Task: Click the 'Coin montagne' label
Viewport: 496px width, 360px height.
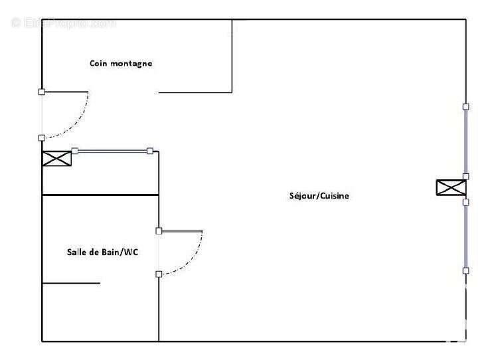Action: pyautogui.click(x=121, y=64)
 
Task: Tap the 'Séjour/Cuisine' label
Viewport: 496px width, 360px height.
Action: pyautogui.click(x=319, y=196)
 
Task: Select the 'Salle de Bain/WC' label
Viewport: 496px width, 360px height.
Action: pyautogui.click(x=102, y=252)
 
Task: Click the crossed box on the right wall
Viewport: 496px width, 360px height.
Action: pyautogui.click(x=451, y=188)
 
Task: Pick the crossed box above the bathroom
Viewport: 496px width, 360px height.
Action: pyautogui.click(x=56, y=159)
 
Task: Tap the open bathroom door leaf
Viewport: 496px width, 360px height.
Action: pyautogui.click(x=181, y=231)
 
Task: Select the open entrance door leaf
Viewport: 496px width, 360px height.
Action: pyautogui.click(x=65, y=92)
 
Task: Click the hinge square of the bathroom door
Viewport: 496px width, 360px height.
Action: pyautogui.click(x=159, y=231)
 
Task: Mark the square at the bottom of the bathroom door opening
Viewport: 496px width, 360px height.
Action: pyautogui.click(x=159, y=274)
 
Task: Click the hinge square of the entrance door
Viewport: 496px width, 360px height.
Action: pyautogui.click(x=42, y=92)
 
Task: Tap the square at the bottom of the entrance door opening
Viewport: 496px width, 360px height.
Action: pyautogui.click(x=42, y=137)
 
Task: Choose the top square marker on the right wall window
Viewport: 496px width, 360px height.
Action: pyautogui.click(x=466, y=106)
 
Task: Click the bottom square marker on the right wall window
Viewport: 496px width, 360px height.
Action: pyautogui.click(x=466, y=270)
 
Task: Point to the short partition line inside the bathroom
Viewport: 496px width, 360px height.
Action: pyautogui.click(x=71, y=284)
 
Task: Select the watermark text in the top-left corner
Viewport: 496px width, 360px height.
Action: pyautogui.click(x=63, y=23)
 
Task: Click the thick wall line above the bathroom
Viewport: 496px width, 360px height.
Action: pyautogui.click(x=100, y=195)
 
